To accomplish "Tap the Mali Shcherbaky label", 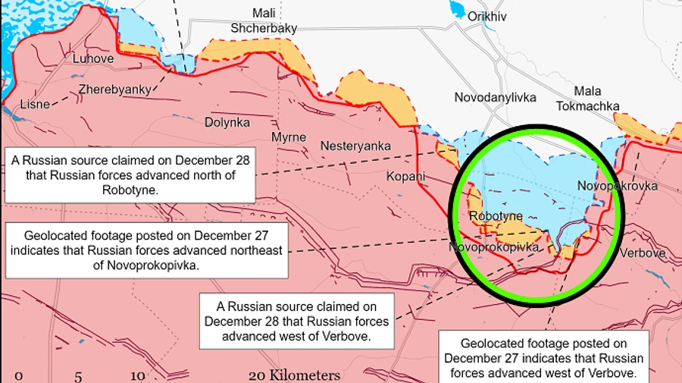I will tap(263, 20).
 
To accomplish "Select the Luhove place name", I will tap(92, 58).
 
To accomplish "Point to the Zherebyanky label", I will tap(114, 89).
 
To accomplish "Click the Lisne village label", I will tap(35, 104).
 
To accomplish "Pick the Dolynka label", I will tap(227, 121).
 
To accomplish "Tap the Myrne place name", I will tap(289, 137).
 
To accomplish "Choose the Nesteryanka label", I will tap(355, 146).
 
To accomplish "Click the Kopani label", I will tap(406, 177).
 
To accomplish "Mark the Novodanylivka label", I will tap(495, 97).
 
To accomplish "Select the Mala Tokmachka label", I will tap(587, 99).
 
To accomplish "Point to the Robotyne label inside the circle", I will tap(496, 216).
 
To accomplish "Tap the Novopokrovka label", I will tap(617, 186).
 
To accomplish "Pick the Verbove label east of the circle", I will tap(643, 253).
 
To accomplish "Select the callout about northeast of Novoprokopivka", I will tap(147, 250).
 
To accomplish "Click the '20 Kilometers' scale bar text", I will tap(294, 375).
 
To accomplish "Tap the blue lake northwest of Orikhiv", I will tap(458, 9).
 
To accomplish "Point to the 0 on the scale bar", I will tap(19, 375).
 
